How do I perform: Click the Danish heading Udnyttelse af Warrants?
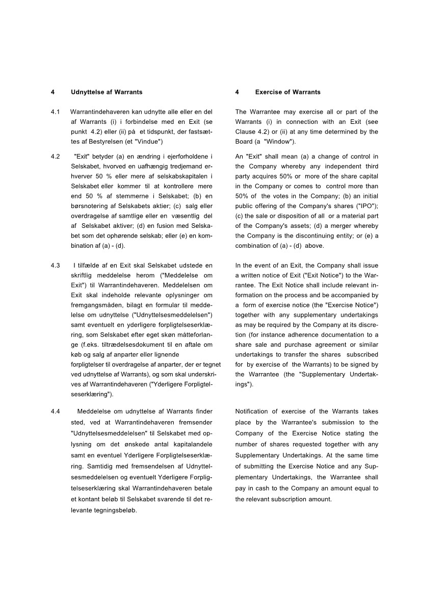pyautogui.click(x=107, y=92)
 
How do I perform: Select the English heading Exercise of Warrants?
pyautogui.click(x=287, y=92)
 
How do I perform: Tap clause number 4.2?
pyautogui.click(x=56, y=156)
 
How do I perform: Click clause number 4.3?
pyautogui.click(x=56, y=266)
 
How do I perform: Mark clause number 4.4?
pyautogui.click(x=56, y=411)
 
